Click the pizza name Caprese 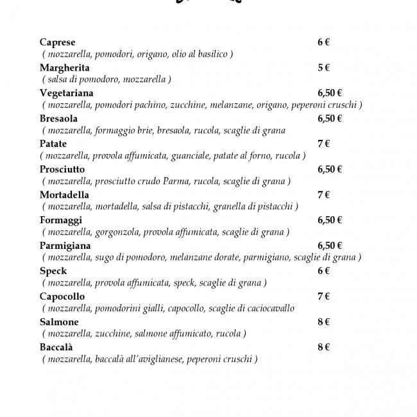point(57,42)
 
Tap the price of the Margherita point(323,68)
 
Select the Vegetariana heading point(66,93)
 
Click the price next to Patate point(323,144)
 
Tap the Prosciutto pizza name point(62,169)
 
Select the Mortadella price point(323,194)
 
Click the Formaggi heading point(60,220)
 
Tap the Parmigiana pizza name point(65,246)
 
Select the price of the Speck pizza point(323,271)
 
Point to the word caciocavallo point(268,309)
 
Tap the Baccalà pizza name point(58,347)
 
